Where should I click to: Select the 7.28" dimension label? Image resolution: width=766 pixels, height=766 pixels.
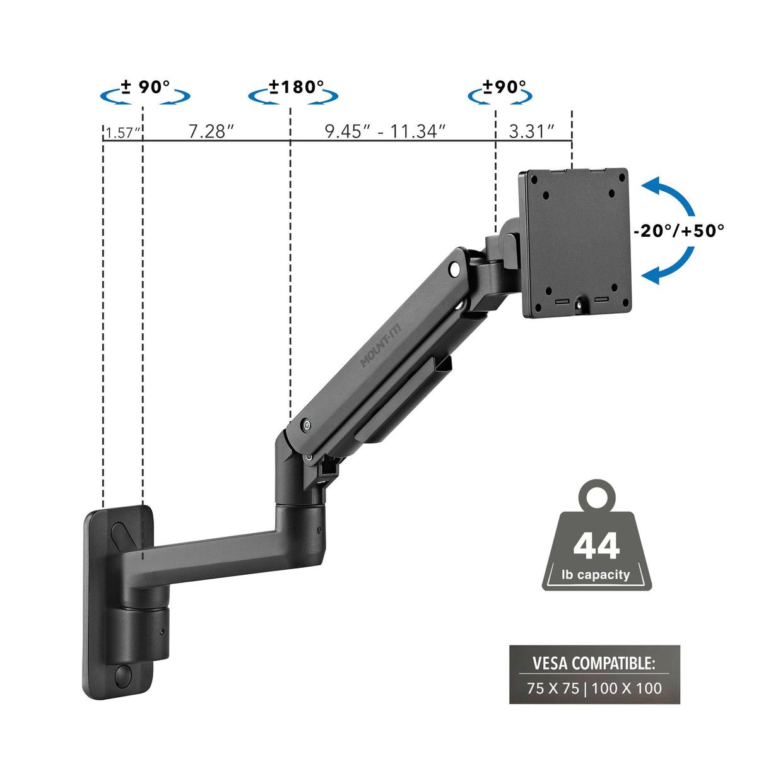211,131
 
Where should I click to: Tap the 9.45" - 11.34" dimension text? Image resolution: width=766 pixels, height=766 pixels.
385,131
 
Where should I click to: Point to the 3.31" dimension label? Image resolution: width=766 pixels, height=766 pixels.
531,131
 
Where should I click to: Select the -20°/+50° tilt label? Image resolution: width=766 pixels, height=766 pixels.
679,231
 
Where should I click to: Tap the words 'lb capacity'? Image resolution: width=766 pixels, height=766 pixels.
596,575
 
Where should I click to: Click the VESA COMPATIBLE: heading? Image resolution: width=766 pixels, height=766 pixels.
594,663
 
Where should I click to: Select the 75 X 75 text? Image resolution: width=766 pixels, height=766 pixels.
553,688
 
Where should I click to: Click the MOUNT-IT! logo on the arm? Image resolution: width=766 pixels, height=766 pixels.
377,350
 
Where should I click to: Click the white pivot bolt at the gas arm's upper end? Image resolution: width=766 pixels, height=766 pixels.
454,269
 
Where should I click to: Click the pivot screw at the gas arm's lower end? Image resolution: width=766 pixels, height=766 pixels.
306,425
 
